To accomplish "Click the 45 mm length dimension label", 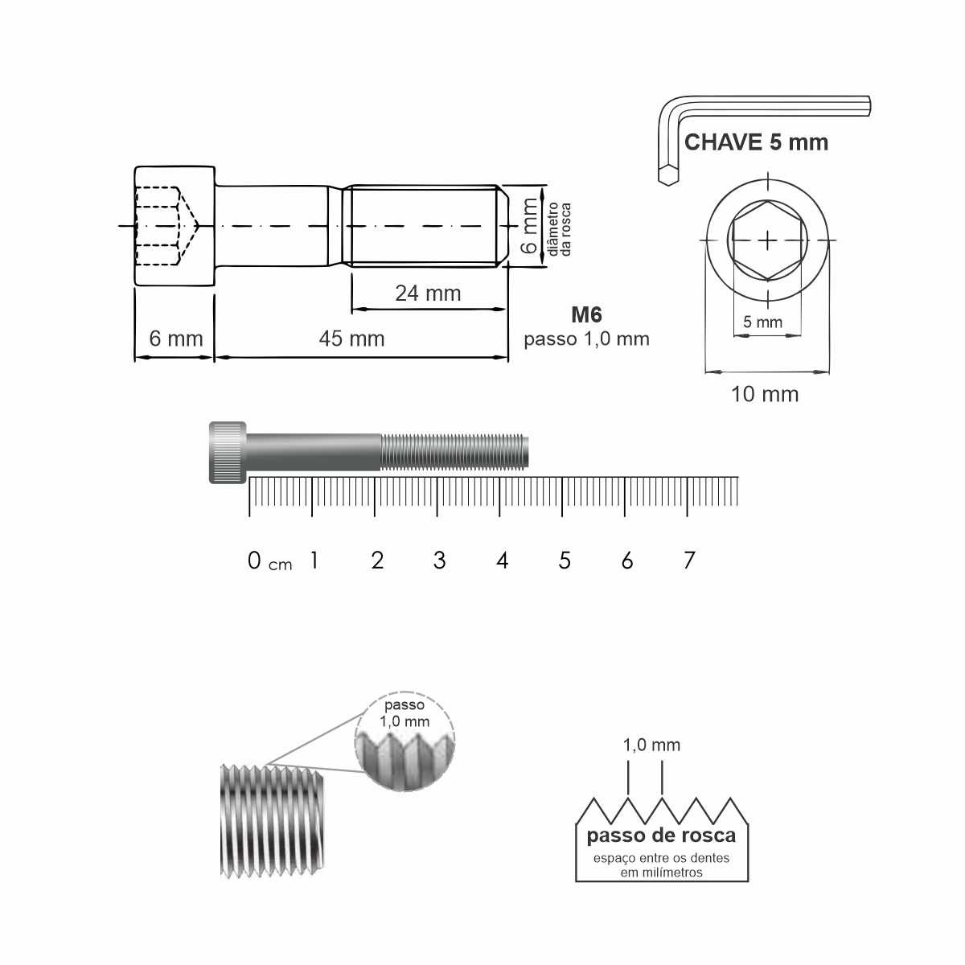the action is click(351, 339).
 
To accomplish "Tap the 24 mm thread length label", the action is click(428, 294).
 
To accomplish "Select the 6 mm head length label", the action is click(176, 339).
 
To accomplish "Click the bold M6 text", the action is click(586, 314).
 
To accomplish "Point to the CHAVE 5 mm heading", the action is click(756, 142).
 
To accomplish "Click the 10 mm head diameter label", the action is click(765, 395).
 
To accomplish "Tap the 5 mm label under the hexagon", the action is click(762, 322).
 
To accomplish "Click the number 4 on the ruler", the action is click(503, 561).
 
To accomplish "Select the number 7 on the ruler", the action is click(689, 561).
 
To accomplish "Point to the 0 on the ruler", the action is click(254, 561).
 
